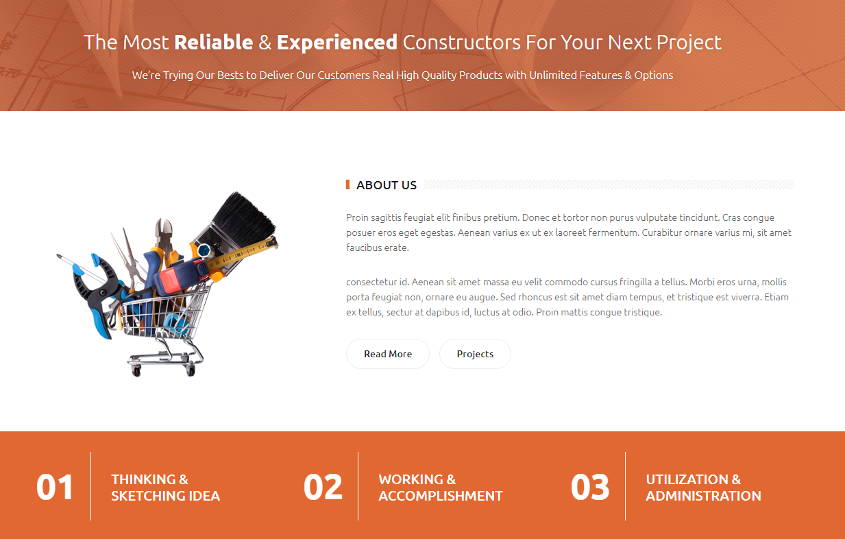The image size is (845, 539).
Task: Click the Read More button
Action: pyautogui.click(x=388, y=354)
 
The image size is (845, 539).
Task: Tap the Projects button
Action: pyautogui.click(x=475, y=354)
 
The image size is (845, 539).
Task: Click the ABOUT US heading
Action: pyautogui.click(x=387, y=185)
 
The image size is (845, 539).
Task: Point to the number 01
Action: pyautogui.click(x=55, y=487)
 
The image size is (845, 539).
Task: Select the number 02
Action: pyautogui.click(x=323, y=487)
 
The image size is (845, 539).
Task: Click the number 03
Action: pyautogui.click(x=590, y=487)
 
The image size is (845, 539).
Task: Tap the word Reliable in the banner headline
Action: pyautogui.click(x=214, y=42)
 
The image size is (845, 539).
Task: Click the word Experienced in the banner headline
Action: pyautogui.click(x=337, y=43)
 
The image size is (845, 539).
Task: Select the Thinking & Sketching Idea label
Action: pyautogui.click(x=165, y=488)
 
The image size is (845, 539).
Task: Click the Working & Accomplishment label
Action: pyautogui.click(x=441, y=488)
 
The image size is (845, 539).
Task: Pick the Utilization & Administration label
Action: pyautogui.click(x=703, y=488)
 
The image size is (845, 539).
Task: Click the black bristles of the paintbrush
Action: pyautogui.click(x=245, y=216)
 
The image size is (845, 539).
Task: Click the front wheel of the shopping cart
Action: pyautogui.click(x=136, y=372)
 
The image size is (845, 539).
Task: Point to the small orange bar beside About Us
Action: pyautogui.click(x=348, y=184)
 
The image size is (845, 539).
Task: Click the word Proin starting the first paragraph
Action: pyautogui.click(x=357, y=217)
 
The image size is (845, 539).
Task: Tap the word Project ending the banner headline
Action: pyautogui.click(x=689, y=43)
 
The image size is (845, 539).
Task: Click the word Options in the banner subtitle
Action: pyautogui.click(x=653, y=75)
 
